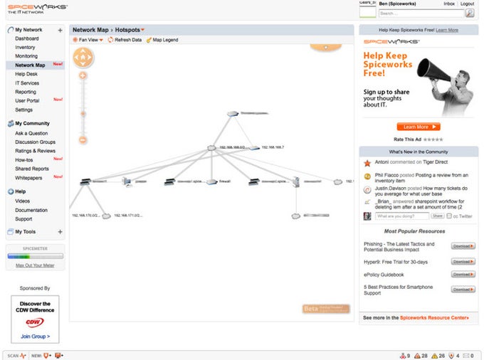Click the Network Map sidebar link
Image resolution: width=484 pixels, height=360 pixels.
click(x=30, y=65)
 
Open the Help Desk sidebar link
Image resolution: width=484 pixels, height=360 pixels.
click(x=26, y=74)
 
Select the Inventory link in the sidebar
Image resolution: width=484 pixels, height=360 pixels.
click(x=25, y=47)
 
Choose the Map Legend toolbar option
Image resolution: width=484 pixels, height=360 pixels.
click(x=162, y=40)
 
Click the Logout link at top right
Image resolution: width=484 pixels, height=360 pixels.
click(x=468, y=4)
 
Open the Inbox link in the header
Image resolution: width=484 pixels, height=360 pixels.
click(x=449, y=4)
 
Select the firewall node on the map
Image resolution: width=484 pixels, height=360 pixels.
click(x=211, y=181)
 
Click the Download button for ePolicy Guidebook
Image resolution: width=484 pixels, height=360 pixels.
click(x=463, y=275)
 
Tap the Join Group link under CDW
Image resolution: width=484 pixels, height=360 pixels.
click(x=35, y=336)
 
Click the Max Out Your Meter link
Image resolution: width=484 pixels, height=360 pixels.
click(x=35, y=265)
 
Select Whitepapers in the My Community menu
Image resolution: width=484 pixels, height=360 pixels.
click(x=28, y=178)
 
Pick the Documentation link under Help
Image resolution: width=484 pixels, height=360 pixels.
click(x=31, y=210)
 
